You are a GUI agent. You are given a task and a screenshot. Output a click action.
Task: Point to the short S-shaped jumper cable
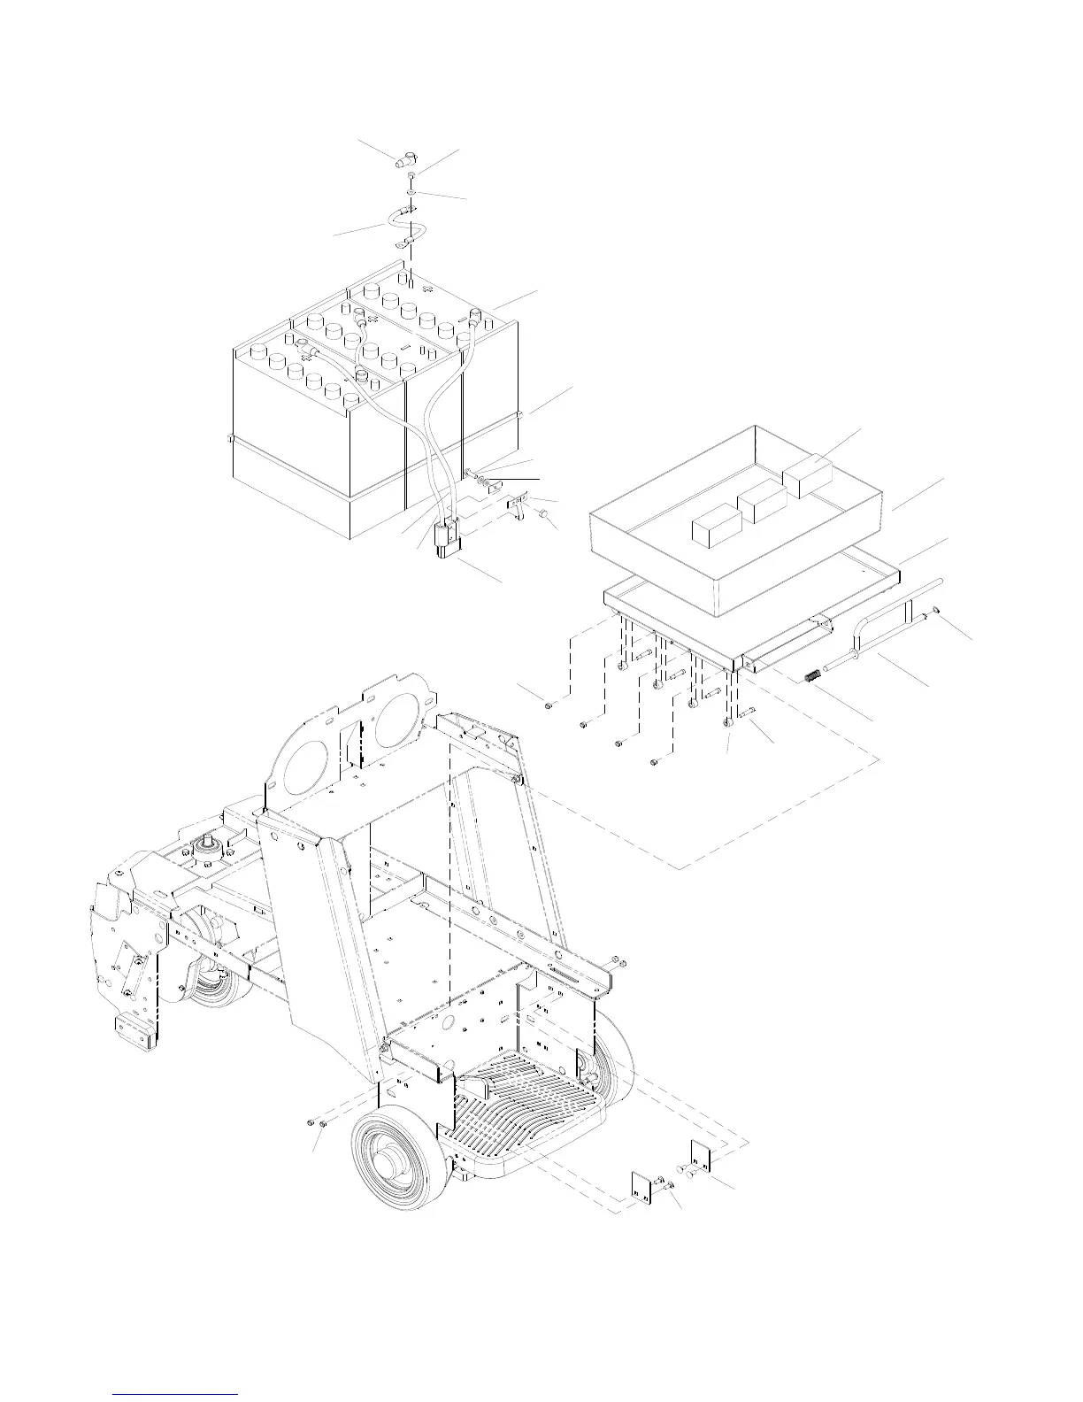point(410,225)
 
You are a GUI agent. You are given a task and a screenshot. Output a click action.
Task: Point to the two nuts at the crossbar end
point(619,962)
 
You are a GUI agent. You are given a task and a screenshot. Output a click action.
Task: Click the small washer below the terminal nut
point(413,191)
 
